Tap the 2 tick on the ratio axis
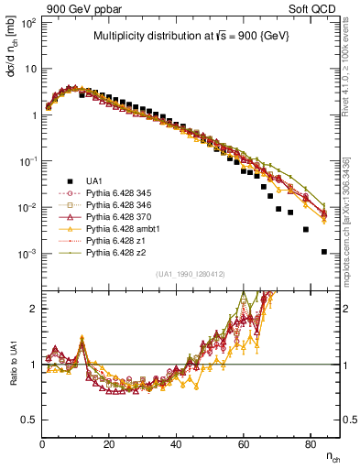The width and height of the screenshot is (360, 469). (33, 309)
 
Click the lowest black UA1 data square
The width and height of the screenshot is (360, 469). (323, 252)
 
